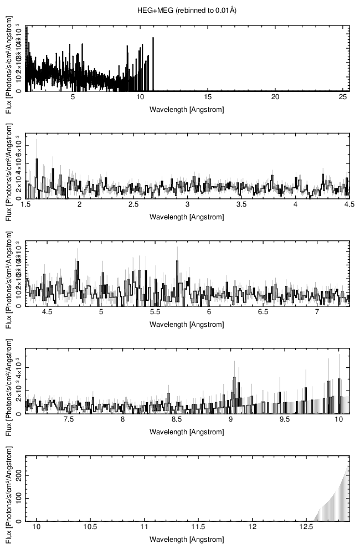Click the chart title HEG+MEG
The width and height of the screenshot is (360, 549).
pos(187,11)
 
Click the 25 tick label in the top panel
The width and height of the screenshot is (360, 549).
pos(343,97)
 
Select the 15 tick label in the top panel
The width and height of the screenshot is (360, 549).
pos(208,97)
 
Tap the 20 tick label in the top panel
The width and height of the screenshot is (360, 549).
pos(275,97)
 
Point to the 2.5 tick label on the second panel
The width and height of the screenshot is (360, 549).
pos(133,205)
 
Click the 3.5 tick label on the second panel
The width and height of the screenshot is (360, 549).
pos(241,205)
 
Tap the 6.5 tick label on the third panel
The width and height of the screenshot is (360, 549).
pos(263,312)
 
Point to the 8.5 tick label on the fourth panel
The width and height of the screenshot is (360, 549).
pos(177,420)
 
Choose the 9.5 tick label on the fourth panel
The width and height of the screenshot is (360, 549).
pos(285,420)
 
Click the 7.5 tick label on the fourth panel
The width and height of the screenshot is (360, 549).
pos(69,420)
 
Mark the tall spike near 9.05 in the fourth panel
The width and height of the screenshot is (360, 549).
pos(234,378)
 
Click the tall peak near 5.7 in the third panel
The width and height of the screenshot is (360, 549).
pos(177,261)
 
